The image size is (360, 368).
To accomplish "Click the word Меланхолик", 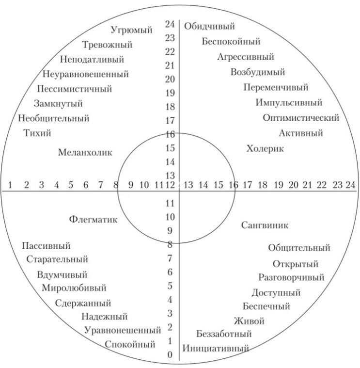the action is coord(85,153).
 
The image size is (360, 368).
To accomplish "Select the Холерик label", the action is coord(265,149).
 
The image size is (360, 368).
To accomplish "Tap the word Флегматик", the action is coord(93,220).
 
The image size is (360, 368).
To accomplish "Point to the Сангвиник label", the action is coord(265,225).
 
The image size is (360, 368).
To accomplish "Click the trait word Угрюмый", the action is coord(131,30).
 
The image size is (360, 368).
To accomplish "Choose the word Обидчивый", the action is coord(209,26).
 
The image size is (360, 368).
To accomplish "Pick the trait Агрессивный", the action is coord(246,57).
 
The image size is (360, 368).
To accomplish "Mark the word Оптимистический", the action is coord(301,118).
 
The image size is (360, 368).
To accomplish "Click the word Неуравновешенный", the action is coord(85,74).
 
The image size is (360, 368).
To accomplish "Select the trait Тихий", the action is coord(37,133).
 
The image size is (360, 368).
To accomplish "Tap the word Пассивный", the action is coord(46,246).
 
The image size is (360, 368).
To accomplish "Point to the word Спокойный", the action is coord(130,344).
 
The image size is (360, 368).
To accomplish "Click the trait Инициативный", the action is coord(216,348).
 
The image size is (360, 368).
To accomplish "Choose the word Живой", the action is coord(249,321).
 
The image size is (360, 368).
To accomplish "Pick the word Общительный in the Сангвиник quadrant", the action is coord(299,248).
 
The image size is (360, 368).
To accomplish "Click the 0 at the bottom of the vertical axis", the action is coord(170,354).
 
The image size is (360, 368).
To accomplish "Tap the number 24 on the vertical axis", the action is coord(170,24).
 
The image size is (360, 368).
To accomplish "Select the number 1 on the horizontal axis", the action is coord(10,185).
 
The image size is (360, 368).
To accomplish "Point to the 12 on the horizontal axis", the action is coord(170,185).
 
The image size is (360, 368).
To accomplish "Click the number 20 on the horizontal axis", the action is coord(293,185).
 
